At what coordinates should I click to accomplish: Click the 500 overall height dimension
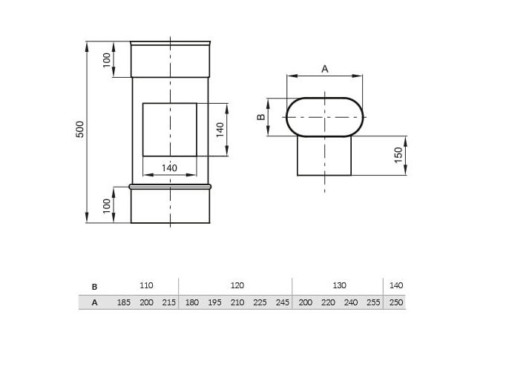[79, 129]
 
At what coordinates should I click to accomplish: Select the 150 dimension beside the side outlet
[399, 155]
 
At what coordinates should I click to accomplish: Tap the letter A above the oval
[325, 69]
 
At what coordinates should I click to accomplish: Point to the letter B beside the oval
[261, 117]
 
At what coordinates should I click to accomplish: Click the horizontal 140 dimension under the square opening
[169, 168]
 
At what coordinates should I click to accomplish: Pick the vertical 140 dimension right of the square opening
[220, 130]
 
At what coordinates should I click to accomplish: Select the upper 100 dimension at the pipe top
[107, 59]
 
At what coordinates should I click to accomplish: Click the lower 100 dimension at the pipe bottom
[107, 206]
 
